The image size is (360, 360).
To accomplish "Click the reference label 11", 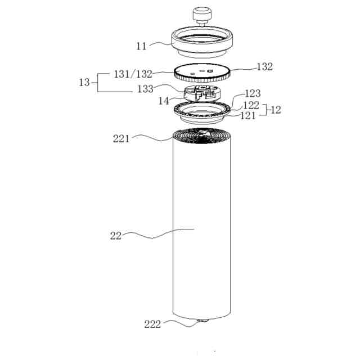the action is (x=141, y=46).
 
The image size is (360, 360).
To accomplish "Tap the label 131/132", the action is (x=133, y=74).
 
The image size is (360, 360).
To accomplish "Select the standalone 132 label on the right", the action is (x=265, y=67).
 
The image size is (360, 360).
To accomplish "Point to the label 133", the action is (x=145, y=89).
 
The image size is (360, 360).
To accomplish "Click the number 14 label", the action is (x=164, y=101).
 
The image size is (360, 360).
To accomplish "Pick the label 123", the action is (x=253, y=93).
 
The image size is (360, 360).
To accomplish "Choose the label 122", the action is (x=251, y=105).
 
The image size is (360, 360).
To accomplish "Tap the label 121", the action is (x=247, y=116).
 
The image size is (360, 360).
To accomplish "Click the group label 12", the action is (x=276, y=110).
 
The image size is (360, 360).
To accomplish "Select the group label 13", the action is (x=84, y=82).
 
